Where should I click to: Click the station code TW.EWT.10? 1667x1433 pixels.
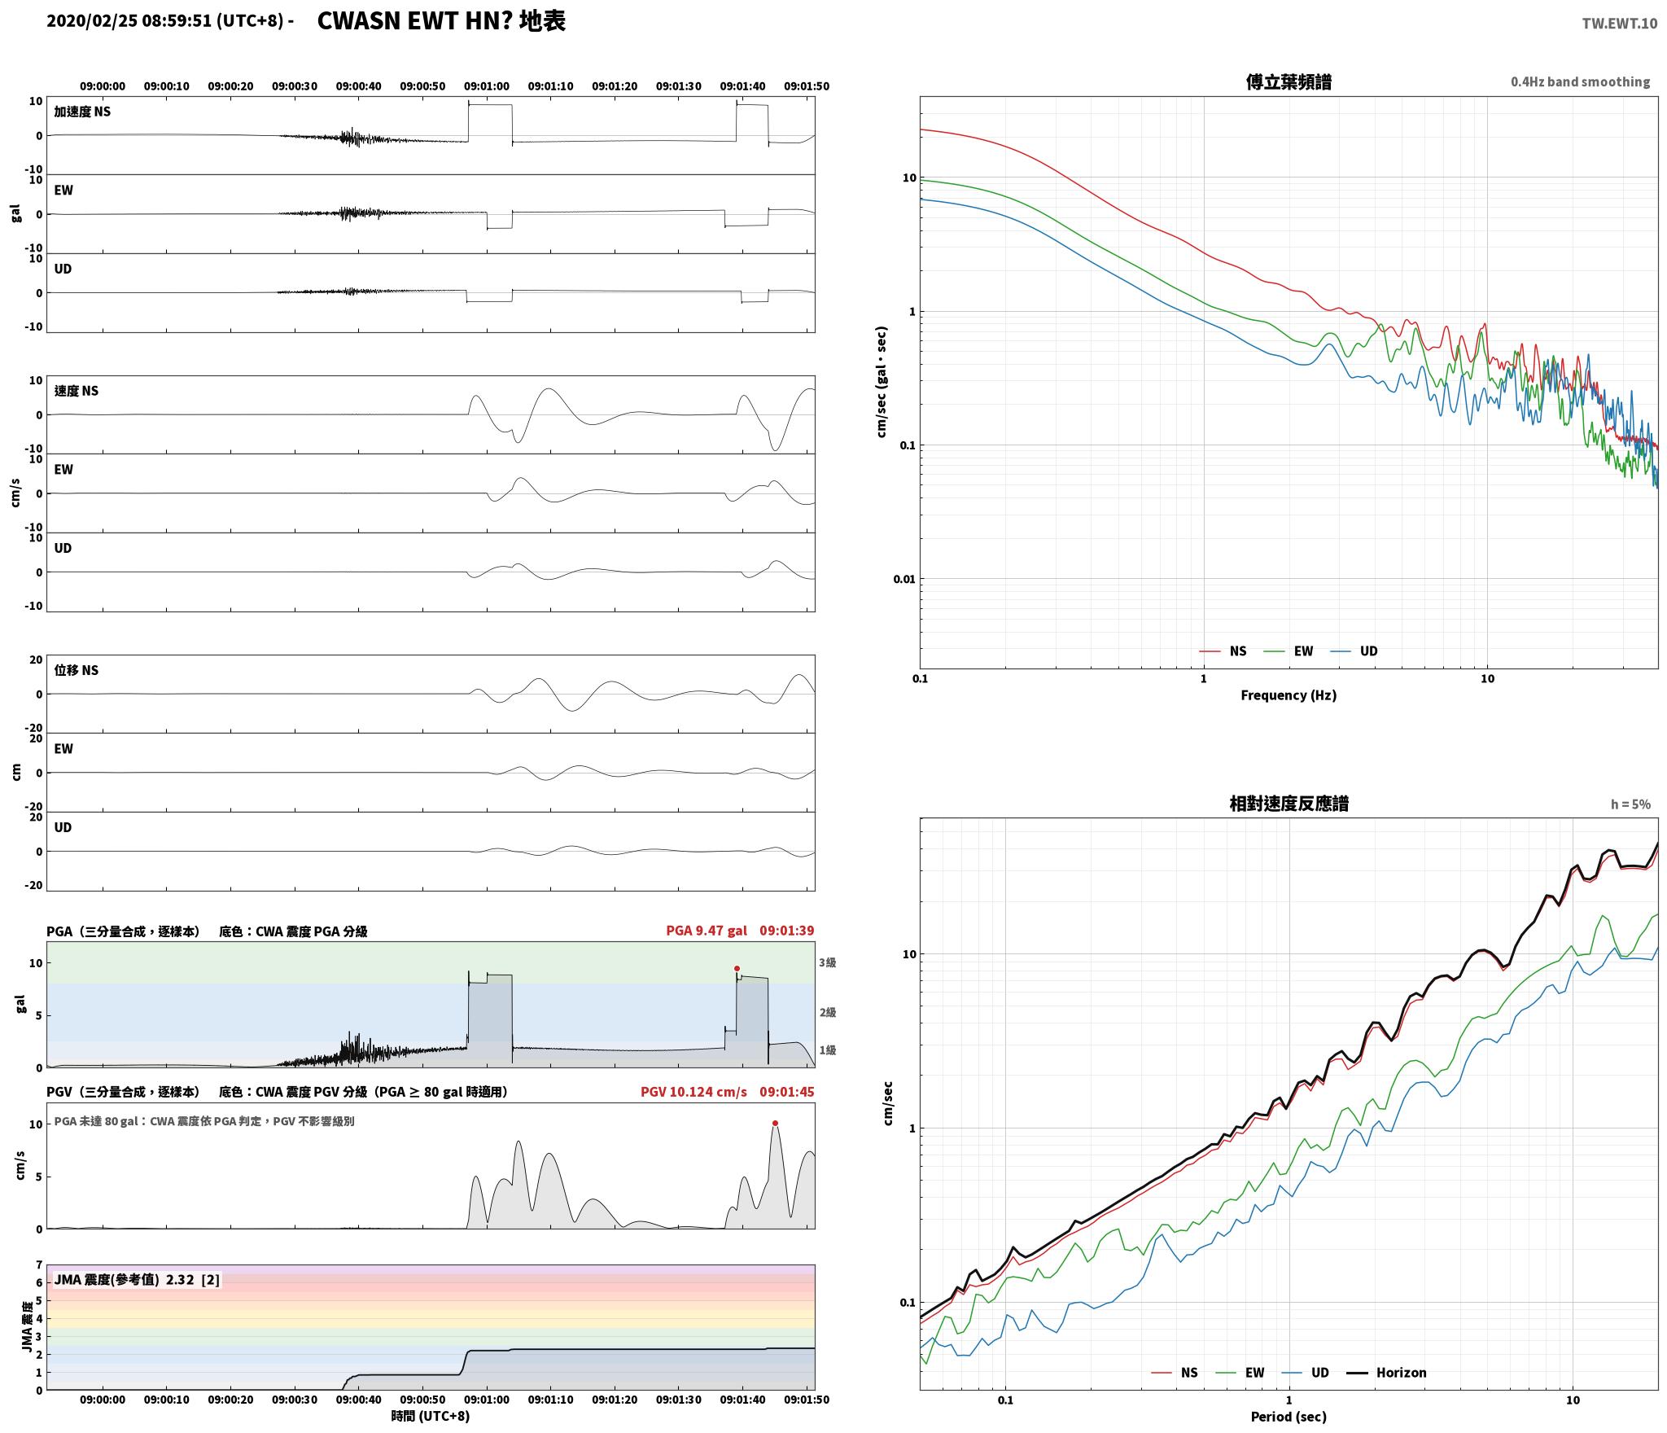click(x=1619, y=24)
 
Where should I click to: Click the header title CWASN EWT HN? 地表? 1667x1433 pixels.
click(x=441, y=21)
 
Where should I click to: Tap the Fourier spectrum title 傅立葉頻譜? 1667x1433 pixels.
click(x=1289, y=82)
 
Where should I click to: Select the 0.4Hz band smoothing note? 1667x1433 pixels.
click(x=1580, y=82)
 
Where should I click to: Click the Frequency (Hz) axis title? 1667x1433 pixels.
click(x=1289, y=695)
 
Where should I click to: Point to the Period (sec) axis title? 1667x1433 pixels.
click(x=1289, y=1417)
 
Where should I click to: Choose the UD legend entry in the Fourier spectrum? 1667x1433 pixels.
click(x=1354, y=651)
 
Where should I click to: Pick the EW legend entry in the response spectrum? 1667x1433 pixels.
click(x=1240, y=1373)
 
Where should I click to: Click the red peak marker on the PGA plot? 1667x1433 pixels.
click(x=737, y=969)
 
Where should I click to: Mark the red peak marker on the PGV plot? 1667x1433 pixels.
click(x=775, y=1124)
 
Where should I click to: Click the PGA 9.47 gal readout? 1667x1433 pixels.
click(x=707, y=931)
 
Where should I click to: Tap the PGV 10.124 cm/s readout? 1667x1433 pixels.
click(x=693, y=1092)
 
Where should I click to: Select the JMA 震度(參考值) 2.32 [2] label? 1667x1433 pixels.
click(x=137, y=1279)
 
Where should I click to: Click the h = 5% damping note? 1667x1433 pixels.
click(x=1630, y=804)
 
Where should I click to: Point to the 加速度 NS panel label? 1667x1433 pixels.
click(x=82, y=112)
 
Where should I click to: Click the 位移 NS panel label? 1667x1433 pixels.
click(x=77, y=670)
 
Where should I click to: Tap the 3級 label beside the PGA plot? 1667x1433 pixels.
click(x=828, y=962)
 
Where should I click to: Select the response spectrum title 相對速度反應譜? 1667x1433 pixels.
click(x=1289, y=804)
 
